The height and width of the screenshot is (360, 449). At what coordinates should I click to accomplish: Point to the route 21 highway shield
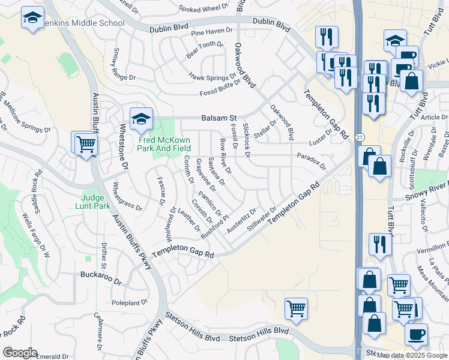359,139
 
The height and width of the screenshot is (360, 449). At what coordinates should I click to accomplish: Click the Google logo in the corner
20,353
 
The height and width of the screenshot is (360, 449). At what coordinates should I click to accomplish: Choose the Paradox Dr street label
311,160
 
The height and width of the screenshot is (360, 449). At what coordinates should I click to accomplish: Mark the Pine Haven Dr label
211,31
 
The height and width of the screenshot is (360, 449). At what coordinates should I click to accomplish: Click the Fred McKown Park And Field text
164,144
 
